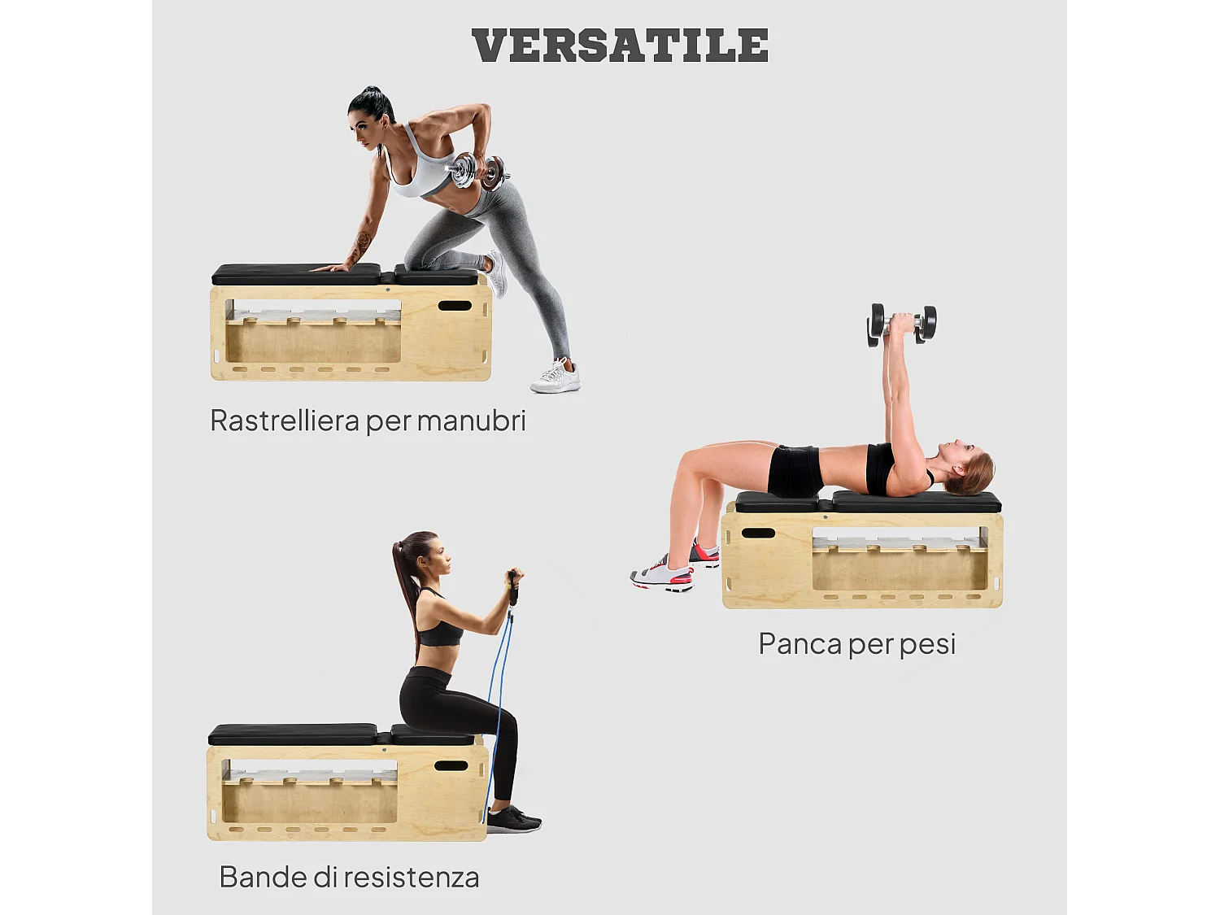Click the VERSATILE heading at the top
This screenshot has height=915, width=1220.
coord(620,46)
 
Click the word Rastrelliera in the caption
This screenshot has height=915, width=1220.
coord(285,421)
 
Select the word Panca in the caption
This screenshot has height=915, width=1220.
coord(800,644)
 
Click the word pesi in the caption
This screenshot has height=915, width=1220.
coord(927,645)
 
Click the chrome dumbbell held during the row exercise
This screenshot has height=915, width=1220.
coord(477,171)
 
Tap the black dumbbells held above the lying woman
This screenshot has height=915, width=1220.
coord(902,325)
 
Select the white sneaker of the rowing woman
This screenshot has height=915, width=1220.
coord(556,377)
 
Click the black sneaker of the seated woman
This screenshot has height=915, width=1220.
coord(512,819)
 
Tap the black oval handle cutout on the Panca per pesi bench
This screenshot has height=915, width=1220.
coord(758,534)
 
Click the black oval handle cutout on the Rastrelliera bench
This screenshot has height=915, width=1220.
coord(455,306)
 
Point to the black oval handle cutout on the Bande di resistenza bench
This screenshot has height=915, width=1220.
coord(451,765)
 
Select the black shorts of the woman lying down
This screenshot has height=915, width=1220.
coord(794,471)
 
